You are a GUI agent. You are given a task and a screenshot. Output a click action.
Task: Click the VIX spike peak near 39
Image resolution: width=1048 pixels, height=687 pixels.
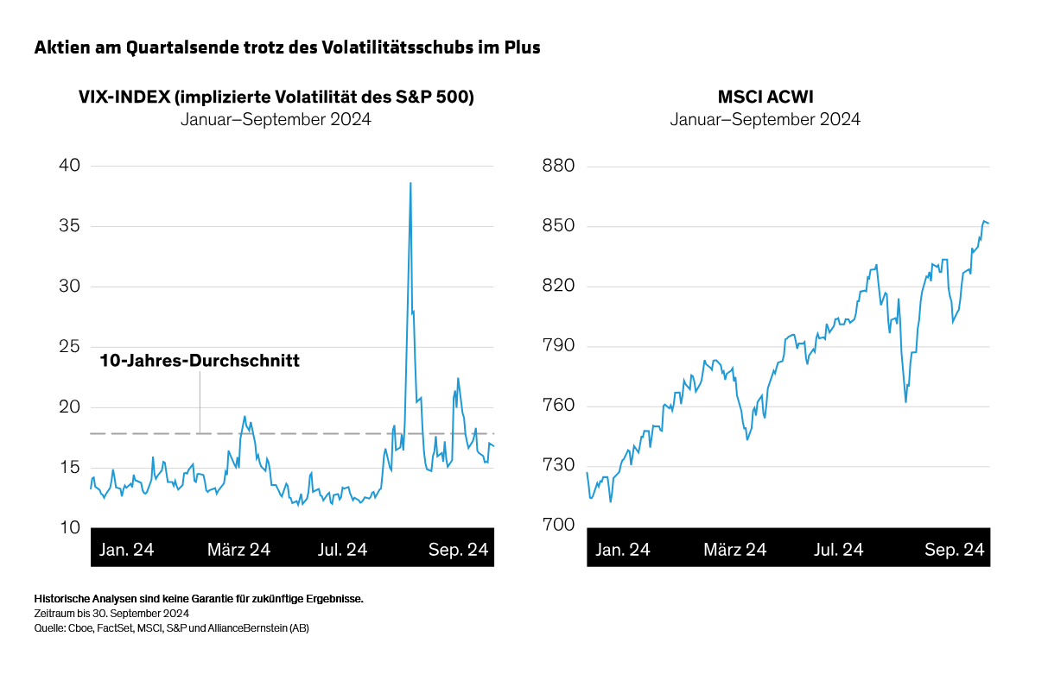point(410,184)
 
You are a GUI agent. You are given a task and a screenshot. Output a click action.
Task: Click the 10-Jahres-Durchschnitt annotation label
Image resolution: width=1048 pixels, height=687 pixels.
point(200,361)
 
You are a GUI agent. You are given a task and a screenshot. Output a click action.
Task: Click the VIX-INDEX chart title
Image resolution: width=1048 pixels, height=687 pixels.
point(276,97)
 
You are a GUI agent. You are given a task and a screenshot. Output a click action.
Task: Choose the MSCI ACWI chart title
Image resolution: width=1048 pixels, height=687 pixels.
point(765,97)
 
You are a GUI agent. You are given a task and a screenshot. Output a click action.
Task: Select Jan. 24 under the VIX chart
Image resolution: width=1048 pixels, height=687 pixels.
point(127,550)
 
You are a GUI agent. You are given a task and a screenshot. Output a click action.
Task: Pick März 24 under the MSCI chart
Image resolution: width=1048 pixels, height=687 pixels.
point(734,550)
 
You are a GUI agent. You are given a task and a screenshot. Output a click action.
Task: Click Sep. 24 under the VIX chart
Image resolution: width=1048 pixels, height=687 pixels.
point(458,550)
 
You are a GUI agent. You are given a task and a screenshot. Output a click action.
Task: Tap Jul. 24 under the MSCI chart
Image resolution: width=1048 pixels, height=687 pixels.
point(838,550)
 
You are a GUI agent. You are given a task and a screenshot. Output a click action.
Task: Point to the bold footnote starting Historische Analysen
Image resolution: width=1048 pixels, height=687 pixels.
point(199,598)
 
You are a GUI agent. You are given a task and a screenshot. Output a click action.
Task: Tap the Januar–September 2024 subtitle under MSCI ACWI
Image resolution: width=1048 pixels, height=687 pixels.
point(765,120)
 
